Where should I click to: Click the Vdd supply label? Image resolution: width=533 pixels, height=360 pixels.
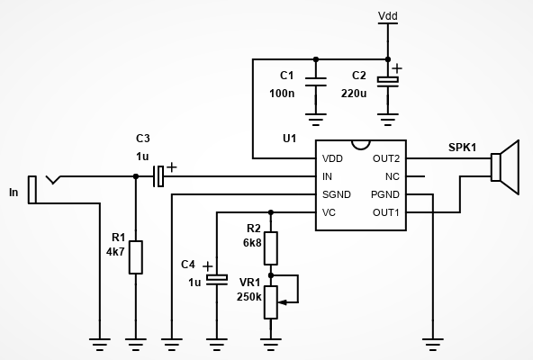(x=388, y=16)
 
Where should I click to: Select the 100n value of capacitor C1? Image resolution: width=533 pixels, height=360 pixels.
(x=282, y=93)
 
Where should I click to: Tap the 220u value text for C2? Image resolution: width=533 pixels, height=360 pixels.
(x=354, y=93)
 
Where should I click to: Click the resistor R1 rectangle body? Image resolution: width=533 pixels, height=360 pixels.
(x=136, y=257)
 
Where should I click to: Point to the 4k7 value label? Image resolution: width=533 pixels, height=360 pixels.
(x=115, y=252)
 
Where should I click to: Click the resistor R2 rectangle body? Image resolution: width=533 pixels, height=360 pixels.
(x=271, y=248)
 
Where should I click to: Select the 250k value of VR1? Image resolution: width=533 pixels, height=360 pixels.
(x=249, y=297)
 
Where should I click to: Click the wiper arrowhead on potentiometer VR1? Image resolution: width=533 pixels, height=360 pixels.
(x=282, y=301)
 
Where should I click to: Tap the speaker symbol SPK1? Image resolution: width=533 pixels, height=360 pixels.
(x=505, y=166)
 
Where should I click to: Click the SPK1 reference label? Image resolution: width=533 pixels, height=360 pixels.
(x=462, y=148)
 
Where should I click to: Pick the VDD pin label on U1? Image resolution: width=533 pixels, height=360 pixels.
(x=332, y=158)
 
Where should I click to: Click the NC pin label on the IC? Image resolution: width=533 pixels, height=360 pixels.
(x=393, y=176)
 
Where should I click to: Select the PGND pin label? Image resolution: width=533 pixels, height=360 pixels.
(x=385, y=194)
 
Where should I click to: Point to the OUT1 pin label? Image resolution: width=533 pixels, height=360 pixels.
(x=386, y=212)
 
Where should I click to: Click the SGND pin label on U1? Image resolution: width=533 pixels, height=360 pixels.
(x=337, y=194)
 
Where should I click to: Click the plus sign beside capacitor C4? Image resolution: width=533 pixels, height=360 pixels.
(x=207, y=266)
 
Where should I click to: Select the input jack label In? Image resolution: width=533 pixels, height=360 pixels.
(x=14, y=193)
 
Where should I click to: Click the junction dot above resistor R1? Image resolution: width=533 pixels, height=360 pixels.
(x=136, y=176)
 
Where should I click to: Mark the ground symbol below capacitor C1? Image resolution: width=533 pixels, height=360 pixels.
(x=316, y=120)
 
